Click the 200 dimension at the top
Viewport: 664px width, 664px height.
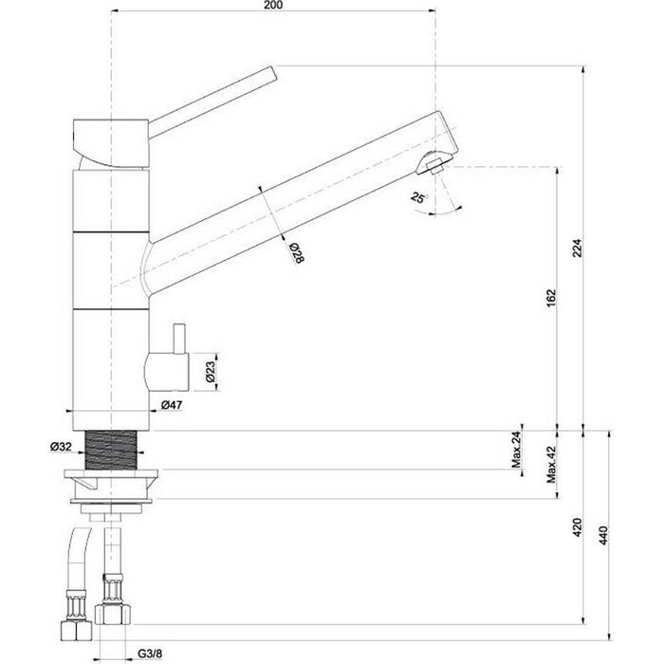click(273, 5)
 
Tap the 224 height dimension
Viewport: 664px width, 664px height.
click(577, 249)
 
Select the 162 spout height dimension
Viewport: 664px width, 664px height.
click(550, 298)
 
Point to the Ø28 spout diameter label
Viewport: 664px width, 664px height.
click(297, 253)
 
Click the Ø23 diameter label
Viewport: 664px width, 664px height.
click(211, 373)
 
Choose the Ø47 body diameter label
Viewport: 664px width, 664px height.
click(172, 405)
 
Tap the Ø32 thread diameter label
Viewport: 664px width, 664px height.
click(61, 447)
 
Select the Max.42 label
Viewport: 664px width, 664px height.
click(550, 465)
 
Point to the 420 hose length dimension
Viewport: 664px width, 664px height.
click(577, 527)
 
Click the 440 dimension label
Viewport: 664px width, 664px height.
click(603, 535)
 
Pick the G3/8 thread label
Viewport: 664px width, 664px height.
click(150, 654)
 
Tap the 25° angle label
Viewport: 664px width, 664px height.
click(418, 197)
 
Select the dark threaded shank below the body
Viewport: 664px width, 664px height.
click(111, 451)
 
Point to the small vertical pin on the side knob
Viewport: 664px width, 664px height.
click(178, 339)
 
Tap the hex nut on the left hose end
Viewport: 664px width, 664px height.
click(76, 630)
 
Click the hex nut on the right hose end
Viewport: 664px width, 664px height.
click(112, 614)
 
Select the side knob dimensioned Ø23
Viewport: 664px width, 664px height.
click(166, 372)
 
